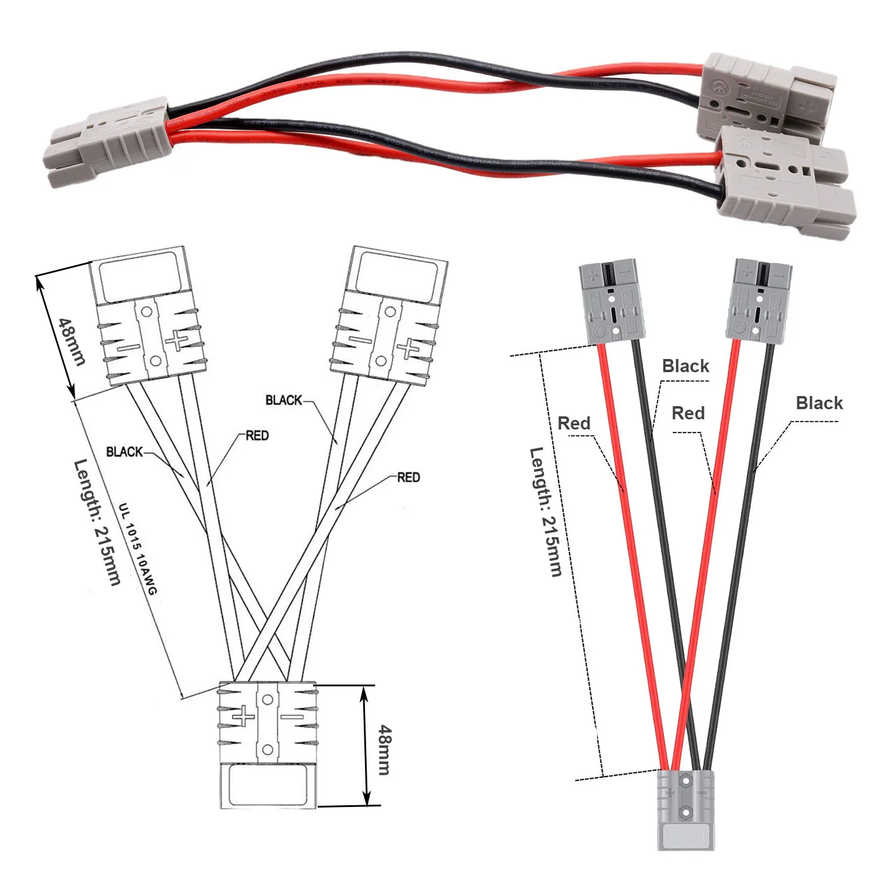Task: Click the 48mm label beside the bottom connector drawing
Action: pyautogui.click(x=385, y=750)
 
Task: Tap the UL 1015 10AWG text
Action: pyautogui.click(x=137, y=550)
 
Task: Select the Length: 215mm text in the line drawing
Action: pyautogui.click(x=97, y=522)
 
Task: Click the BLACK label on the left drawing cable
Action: pyautogui.click(x=124, y=452)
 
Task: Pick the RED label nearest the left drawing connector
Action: pyautogui.click(x=257, y=435)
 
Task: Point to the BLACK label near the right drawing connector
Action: pyautogui.click(x=284, y=400)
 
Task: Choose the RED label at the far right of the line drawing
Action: pyautogui.click(x=409, y=477)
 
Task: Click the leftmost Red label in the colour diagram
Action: pyautogui.click(x=573, y=424)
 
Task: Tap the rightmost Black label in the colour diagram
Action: pyautogui.click(x=819, y=403)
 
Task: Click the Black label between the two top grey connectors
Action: pyautogui.click(x=685, y=366)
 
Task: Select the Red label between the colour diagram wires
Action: pyautogui.click(x=688, y=413)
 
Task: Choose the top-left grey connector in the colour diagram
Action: pyautogui.click(x=611, y=302)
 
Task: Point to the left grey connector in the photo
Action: pyautogui.click(x=108, y=140)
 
